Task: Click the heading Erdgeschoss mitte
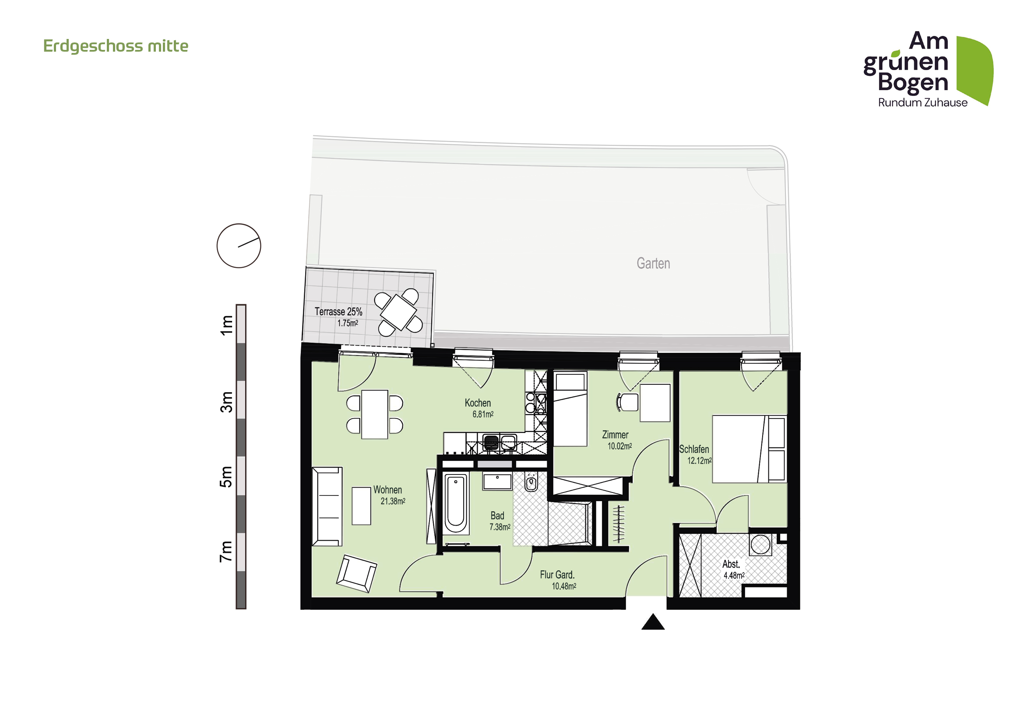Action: (x=116, y=46)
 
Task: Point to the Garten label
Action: (x=653, y=264)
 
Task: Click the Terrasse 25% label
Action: (x=338, y=312)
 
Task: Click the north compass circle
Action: (x=239, y=246)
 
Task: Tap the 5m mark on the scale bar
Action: (x=227, y=477)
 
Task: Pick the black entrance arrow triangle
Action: (x=653, y=622)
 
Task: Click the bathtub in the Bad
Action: (x=455, y=503)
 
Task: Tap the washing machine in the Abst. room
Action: (x=760, y=545)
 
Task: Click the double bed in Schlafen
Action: (x=748, y=449)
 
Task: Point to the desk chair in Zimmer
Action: (x=627, y=402)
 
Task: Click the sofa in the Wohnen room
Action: (x=327, y=506)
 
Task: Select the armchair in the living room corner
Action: (x=356, y=573)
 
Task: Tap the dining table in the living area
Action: (x=374, y=415)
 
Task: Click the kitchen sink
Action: (x=508, y=443)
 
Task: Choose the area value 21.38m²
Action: (x=392, y=502)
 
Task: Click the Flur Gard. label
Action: (x=557, y=575)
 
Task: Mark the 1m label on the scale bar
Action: (x=227, y=324)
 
